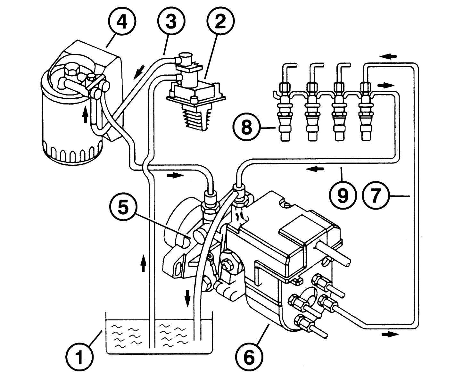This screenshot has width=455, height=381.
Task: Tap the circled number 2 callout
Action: [220, 22]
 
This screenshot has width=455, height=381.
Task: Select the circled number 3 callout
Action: [171, 22]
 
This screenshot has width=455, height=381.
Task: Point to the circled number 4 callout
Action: [122, 22]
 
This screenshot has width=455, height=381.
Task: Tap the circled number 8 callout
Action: [246, 128]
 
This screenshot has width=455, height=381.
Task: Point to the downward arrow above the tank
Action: [187, 299]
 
